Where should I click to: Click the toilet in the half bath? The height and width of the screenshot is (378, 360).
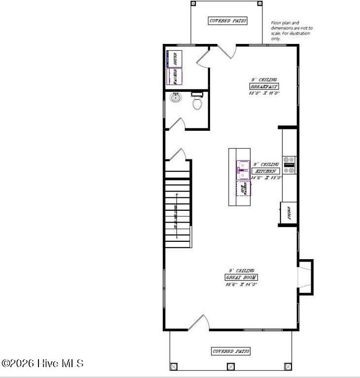coord(197,103)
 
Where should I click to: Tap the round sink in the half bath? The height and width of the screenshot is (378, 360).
coord(175,98)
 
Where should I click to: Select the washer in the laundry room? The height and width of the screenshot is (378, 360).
coord(174,76)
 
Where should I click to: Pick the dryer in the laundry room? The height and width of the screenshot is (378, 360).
coord(174,59)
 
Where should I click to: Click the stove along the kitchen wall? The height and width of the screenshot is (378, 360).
coord(289,165)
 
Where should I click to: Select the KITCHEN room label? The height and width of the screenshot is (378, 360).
coord(266,171)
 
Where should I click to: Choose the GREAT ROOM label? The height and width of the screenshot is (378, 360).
coord(241,277)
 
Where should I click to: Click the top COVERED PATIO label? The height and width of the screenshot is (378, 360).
coord(228,21)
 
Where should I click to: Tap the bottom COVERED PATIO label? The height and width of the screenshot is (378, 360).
coord(231,351)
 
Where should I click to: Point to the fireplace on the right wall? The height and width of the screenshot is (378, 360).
coord(305,276)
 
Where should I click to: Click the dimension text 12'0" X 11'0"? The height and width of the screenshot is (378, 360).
coord(264,93)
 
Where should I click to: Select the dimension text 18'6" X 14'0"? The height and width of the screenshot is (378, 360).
coord(241,284)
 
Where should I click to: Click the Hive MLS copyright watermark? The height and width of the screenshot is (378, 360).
coord(42,364)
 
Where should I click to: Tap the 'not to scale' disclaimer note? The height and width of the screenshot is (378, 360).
coord(291,30)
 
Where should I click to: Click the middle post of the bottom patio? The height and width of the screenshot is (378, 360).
coord(230,367)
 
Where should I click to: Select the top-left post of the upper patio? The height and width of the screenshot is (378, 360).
coord(193,3)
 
